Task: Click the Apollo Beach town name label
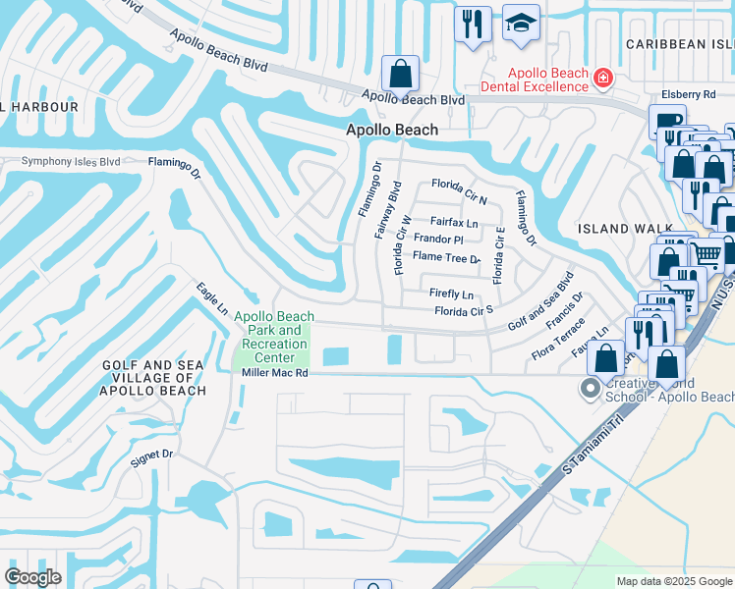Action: tap(391, 130)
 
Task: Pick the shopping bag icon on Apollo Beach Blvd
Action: tap(400, 74)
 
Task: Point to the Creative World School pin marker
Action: tap(590, 389)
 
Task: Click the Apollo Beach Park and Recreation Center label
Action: tap(274, 337)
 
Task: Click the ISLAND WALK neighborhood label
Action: tap(617, 229)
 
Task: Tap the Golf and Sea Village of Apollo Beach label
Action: tap(153, 378)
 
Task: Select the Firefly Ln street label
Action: tap(451, 294)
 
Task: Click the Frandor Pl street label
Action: tap(437, 240)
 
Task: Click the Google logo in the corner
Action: tap(32, 577)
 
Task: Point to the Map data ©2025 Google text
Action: tap(674, 581)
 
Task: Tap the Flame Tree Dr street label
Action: tap(446, 257)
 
